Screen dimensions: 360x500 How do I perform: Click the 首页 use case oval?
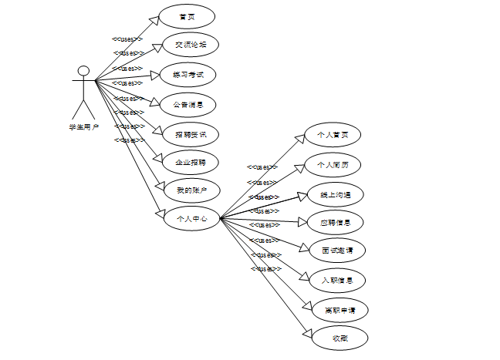[x=187, y=16]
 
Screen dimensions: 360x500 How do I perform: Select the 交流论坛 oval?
[x=191, y=45]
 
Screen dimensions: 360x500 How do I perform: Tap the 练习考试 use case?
[x=187, y=74]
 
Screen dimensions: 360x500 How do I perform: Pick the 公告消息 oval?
[x=189, y=103]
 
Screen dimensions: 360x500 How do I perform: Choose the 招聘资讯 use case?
[x=191, y=133]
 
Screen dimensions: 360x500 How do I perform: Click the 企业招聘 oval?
[x=191, y=162]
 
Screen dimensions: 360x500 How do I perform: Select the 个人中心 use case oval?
[x=191, y=218]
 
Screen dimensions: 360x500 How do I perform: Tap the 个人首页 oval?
[x=333, y=136]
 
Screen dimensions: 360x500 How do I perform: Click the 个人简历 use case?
[x=333, y=165]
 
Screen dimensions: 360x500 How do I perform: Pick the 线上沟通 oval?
[x=333, y=193]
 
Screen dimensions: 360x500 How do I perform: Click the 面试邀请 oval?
[x=336, y=251]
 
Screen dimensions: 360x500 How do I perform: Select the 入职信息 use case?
[x=336, y=280]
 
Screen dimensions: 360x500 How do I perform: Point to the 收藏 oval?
[x=340, y=338]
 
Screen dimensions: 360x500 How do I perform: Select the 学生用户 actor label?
[x=83, y=127]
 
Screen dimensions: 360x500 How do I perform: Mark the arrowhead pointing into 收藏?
[x=307, y=332]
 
